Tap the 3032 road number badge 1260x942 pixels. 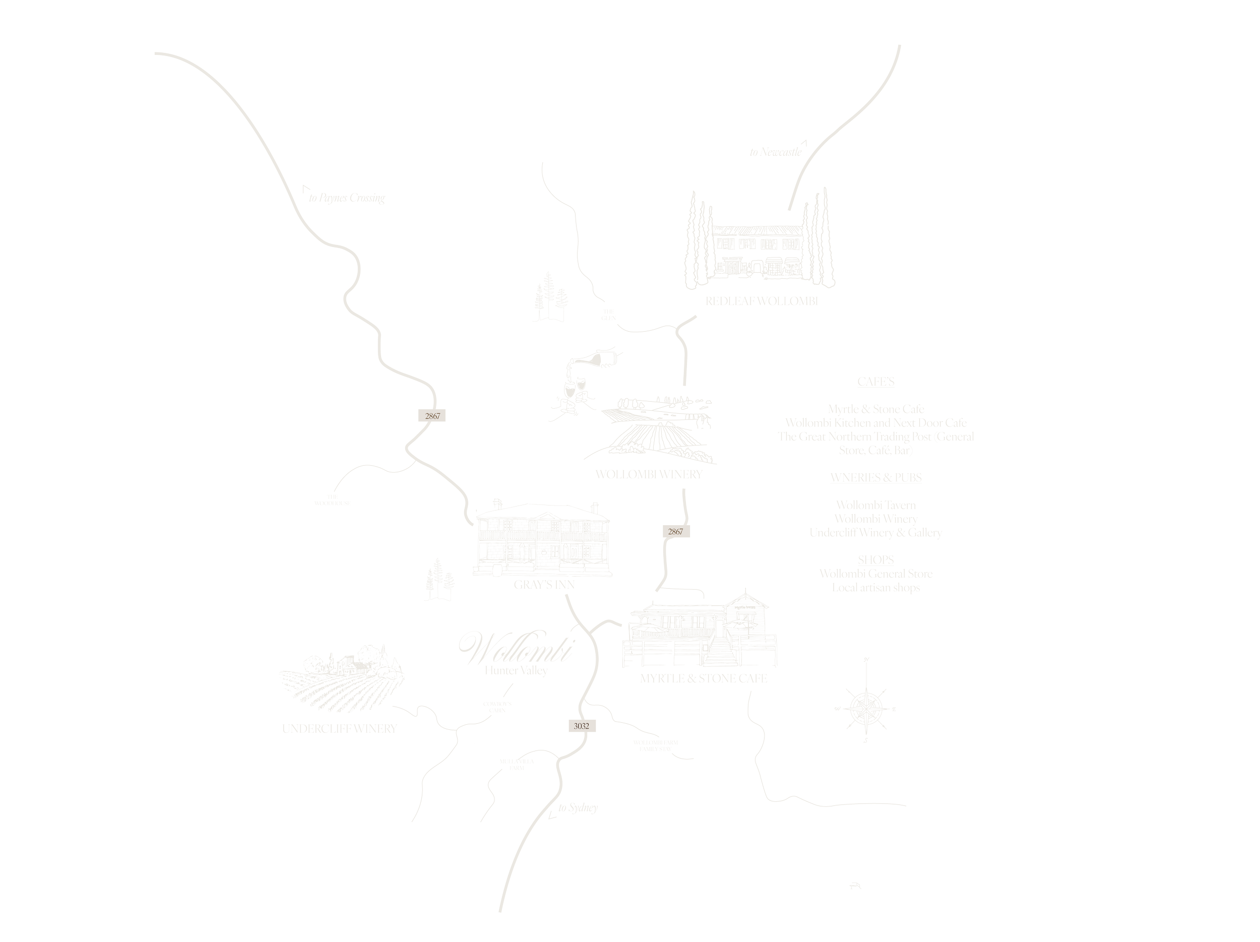coord(581,726)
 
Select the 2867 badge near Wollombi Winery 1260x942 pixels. coord(675,531)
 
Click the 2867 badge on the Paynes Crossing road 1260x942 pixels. coord(432,416)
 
